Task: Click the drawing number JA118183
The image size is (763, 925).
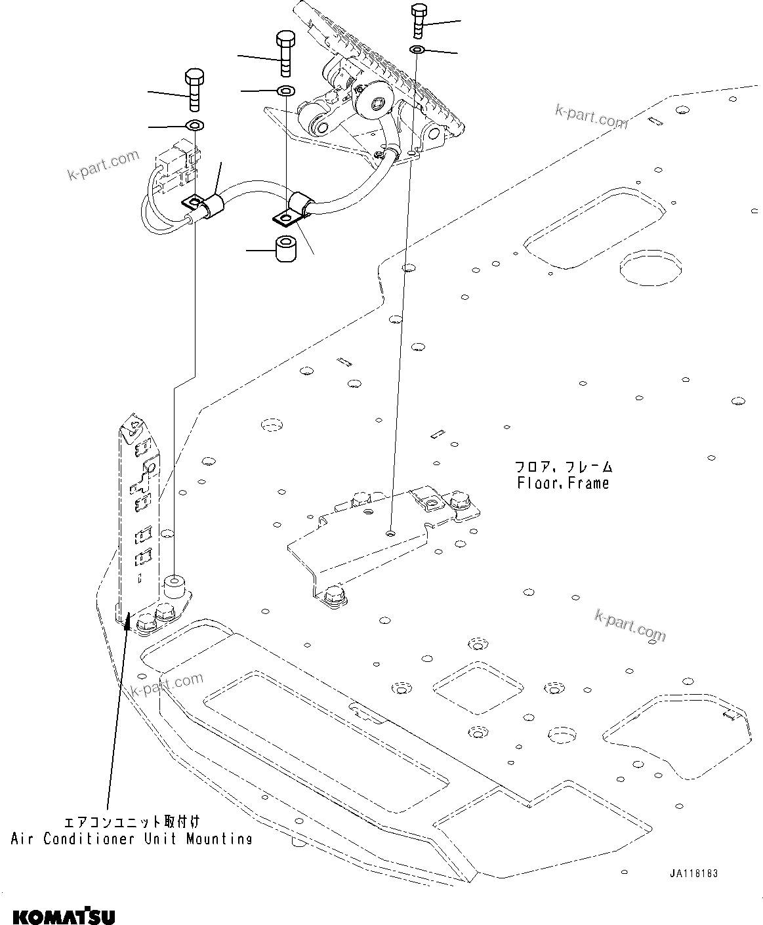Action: coord(693,874)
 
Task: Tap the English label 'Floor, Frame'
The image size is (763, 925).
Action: coord(562,483)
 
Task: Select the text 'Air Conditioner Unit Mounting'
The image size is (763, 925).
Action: coord(131,838)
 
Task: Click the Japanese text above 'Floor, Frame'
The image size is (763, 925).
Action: coord(563,467)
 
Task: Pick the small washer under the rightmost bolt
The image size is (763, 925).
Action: coord(418,51)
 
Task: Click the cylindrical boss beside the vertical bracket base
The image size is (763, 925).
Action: coord(174,585)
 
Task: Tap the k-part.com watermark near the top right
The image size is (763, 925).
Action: coord(590,118)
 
